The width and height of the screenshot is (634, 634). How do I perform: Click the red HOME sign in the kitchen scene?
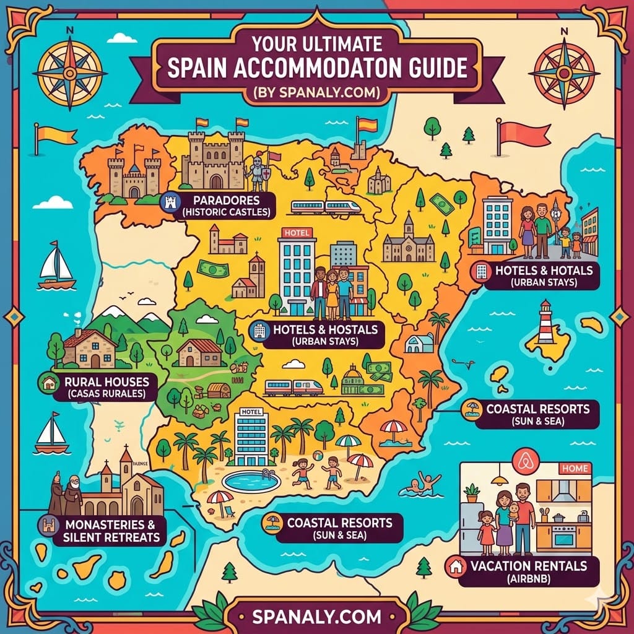[574, 469]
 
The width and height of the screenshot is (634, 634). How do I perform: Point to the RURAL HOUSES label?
[107, 382]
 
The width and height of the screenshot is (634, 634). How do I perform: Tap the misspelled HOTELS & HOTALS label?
[544, 270]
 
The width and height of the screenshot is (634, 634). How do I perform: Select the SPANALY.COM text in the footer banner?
[316, 617]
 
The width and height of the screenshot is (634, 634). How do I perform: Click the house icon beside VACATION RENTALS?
[455, 566]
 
